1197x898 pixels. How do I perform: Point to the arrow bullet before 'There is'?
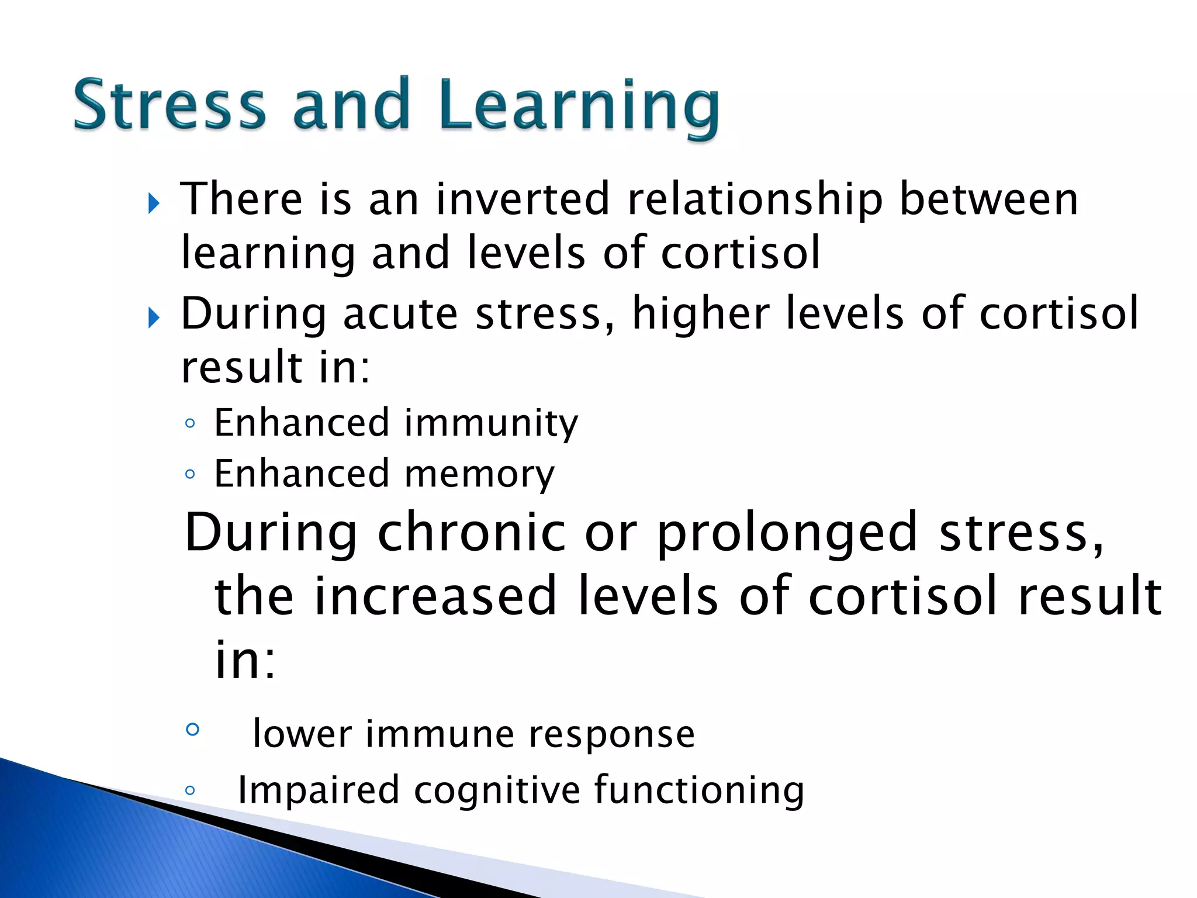click(154, 204)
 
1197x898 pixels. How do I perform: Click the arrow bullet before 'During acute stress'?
click(154, 319)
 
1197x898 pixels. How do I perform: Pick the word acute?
click(400, 314)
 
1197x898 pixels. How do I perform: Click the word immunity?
click(491, 423)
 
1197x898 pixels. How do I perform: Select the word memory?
click(479, 474)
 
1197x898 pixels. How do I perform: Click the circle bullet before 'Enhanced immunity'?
click(189, 424)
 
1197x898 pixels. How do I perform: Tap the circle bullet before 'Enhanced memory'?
click(189, 474)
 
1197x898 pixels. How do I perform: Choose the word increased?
click(435, 596)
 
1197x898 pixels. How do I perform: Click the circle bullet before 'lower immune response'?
click(192, 729)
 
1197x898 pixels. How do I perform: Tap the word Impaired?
click(319, 790)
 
